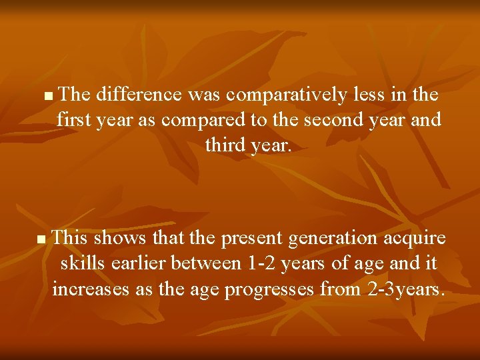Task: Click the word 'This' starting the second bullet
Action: pos(70,238)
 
